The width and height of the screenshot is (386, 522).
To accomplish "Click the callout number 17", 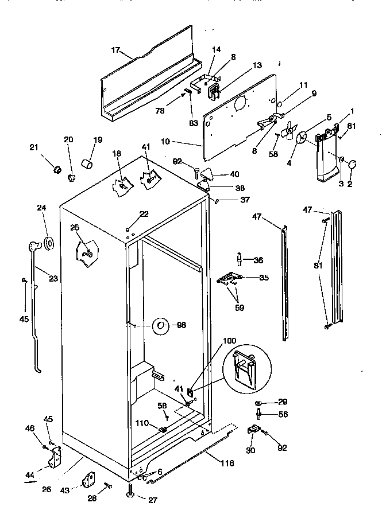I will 115,50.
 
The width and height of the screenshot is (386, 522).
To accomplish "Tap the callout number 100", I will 229,341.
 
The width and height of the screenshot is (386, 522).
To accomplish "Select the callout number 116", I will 227,462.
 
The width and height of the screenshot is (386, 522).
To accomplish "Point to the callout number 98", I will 182,325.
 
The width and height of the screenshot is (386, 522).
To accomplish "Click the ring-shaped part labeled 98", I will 161,326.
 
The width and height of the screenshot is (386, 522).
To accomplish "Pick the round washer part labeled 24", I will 49,244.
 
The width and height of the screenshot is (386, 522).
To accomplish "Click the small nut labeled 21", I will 57,169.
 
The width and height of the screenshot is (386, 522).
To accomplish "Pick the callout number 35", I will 264,278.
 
